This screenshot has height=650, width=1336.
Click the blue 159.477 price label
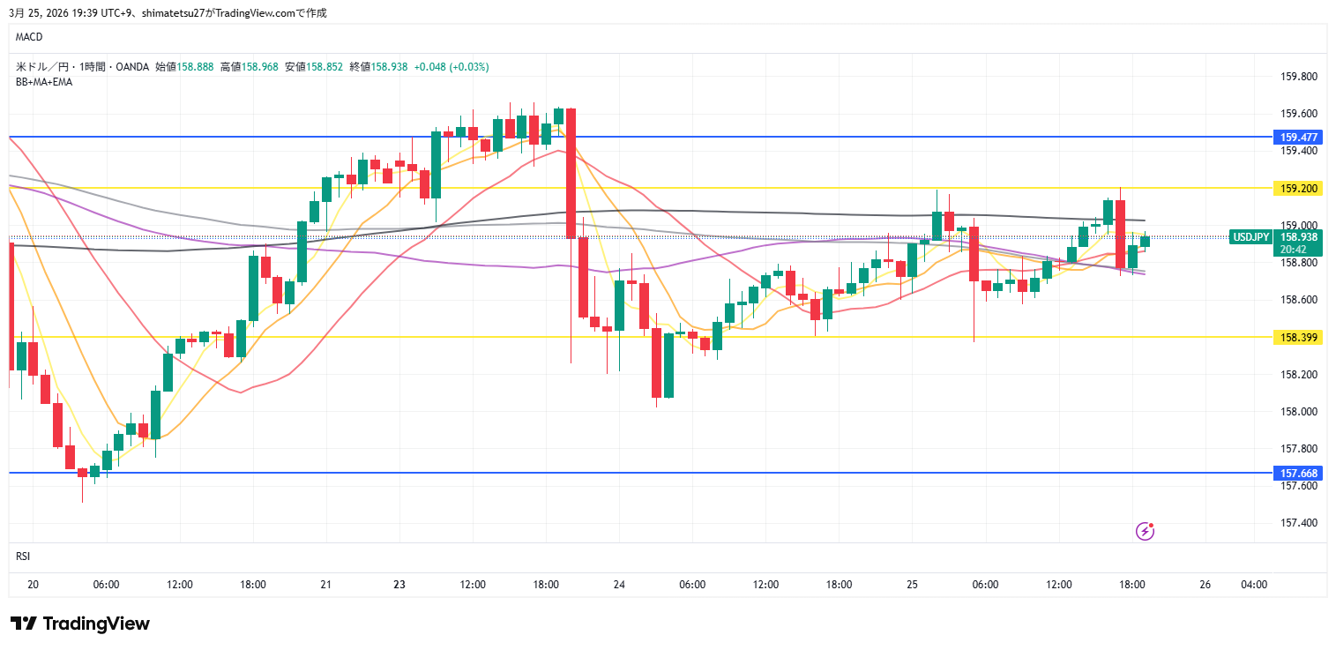[x=1298, y=138]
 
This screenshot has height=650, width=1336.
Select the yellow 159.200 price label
[x=1298, y=189]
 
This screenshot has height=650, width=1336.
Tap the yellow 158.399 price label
[x=1298, y=337]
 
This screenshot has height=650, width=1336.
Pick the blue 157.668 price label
[x=1298, y=474]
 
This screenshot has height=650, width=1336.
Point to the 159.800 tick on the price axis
[x=1298, y=77]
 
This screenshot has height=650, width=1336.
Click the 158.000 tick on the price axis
[x=1298, y=412]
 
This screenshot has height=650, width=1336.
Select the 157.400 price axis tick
[x=1298, y=523]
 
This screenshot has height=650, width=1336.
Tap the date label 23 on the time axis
[x=399, y=585]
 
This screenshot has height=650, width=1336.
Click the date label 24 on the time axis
[x=619, y=585]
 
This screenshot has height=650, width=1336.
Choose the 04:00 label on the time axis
[x=1254, y=585]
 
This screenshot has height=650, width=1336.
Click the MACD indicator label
[x=29, y=37]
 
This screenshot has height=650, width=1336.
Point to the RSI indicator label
[x=23, y=556]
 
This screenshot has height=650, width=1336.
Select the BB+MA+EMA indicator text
[x=44, y=82]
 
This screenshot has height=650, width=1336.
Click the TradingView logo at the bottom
[x=80, y=624]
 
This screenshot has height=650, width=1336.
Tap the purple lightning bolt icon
[x=1145, y=531]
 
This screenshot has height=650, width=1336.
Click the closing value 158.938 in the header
[x=389, y=66]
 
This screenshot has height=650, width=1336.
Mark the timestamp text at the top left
[x=168, y=12]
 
